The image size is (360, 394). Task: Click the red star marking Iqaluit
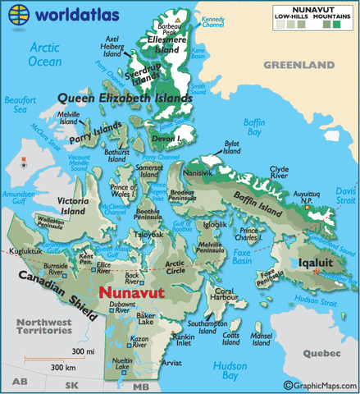(x=317, y=272)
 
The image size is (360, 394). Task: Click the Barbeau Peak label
(x=173, y=28)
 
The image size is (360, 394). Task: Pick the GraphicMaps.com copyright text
(x=321, y=385)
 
